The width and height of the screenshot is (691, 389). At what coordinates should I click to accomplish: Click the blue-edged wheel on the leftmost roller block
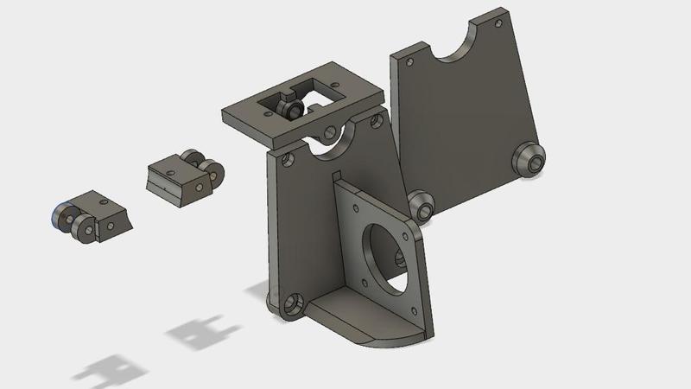click(62, 215)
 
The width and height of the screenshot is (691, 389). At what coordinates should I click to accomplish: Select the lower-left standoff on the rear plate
click(422, 205)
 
